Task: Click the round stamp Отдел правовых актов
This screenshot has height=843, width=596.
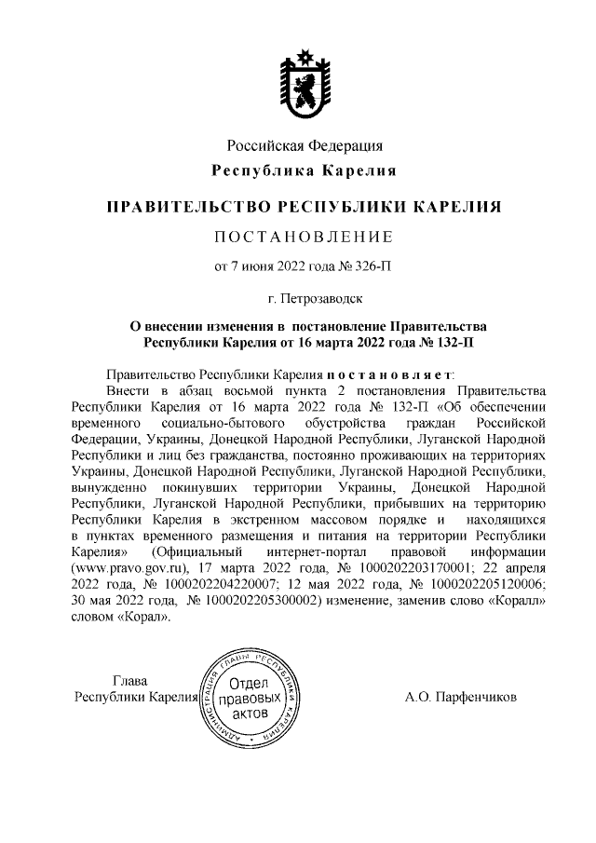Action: point(248,697)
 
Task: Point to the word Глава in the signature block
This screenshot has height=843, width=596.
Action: point(129,680)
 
